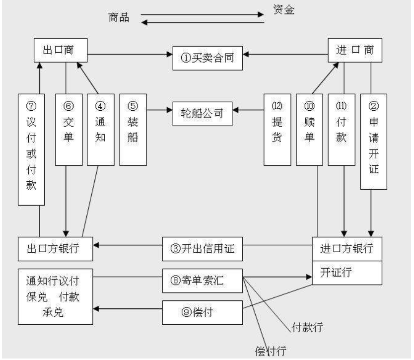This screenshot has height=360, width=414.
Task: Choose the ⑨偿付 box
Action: (x=203, y=312)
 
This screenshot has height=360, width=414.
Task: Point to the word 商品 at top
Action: (x=119, y=18)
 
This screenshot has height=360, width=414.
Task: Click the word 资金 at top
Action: (x=284, y=9)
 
